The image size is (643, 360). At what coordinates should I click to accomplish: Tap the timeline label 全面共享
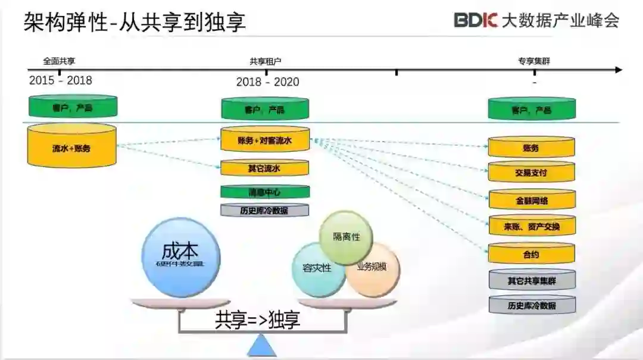click(x=59, y=61)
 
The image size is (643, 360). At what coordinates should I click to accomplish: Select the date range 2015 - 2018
click(x=61, y=80)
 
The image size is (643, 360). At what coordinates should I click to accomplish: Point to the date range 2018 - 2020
click(x=267, y=82)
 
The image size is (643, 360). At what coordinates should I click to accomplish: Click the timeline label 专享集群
click(x=534, y=61)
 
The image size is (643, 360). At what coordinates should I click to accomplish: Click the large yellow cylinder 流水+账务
click(x=71, y=146)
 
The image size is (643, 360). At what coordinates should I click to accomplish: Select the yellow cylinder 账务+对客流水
click(x=265, y=140)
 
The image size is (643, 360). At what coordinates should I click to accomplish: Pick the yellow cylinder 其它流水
click(x=265, y=168)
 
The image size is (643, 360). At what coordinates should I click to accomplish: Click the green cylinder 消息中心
click(x=265, y=192)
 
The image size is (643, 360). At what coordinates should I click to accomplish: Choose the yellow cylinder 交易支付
click(x=531, y=173)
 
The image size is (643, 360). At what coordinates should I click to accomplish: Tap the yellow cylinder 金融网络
click(x=531, y=201)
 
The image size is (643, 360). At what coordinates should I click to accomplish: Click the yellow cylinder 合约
click(x=531, y=254)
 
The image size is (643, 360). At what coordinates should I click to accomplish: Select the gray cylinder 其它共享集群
click(x=532, y=280)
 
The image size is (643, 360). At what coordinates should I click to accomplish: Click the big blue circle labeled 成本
click(x=181, y=258)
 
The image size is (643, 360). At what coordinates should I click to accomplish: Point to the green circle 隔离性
click(x=346, y=237)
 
